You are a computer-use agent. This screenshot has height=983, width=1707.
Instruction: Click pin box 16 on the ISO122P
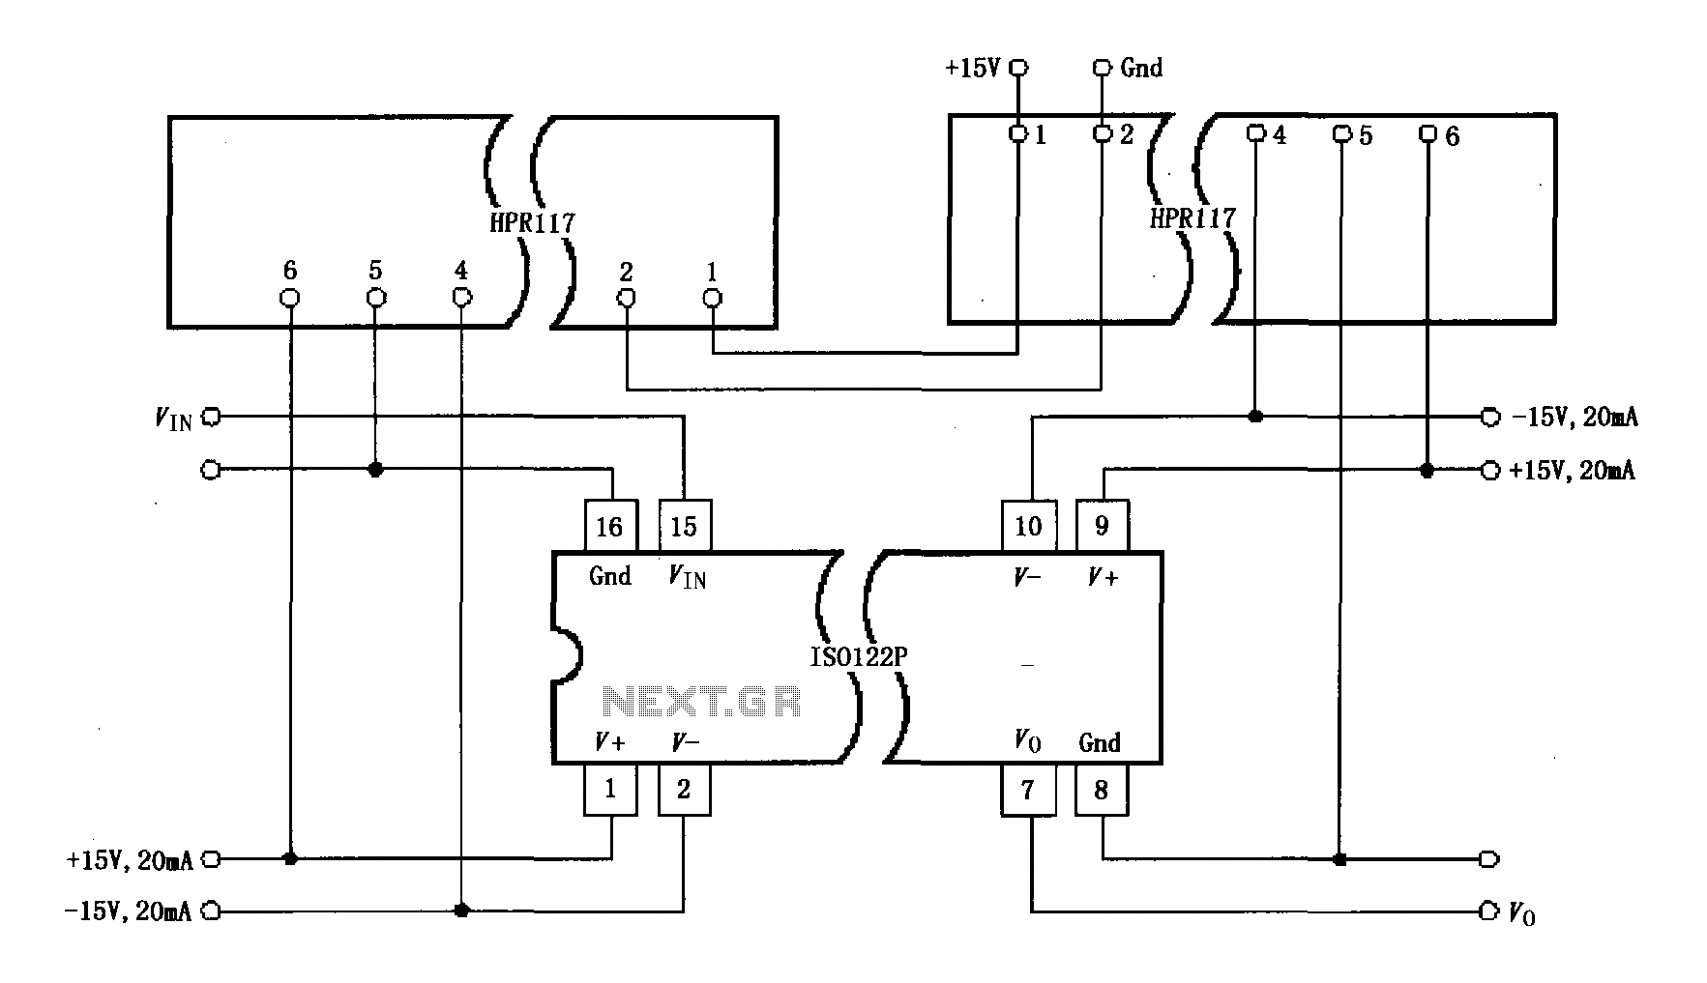[610, 526]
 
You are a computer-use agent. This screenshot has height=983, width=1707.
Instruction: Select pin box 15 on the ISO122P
[684, 526]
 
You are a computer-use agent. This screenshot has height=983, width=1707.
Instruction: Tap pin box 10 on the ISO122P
[1027, 526]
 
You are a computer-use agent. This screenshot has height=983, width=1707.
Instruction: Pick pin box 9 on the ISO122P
[1102, 526]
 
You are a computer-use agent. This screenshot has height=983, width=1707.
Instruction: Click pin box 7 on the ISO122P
[1027, 790]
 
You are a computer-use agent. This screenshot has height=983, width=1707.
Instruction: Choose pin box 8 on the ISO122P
[1102, 790]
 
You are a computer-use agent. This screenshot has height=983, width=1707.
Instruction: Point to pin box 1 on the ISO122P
[610, 790]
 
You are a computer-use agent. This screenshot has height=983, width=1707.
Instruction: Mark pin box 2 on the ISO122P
[684, 790]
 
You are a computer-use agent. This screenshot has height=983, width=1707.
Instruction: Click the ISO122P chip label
[858, 657]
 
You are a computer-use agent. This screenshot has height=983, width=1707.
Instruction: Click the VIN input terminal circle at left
[211, 417]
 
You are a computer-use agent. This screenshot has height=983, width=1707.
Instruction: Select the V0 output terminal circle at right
[1488, 911]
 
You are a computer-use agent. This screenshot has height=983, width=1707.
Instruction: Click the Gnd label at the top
[1141, 68]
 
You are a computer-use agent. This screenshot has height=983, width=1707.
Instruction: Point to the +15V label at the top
[972, 69]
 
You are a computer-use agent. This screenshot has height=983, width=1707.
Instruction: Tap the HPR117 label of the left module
[532, 222]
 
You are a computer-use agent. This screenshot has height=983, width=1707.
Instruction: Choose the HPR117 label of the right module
[1192, 217]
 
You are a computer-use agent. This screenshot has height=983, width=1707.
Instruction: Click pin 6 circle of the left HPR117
[289, 297]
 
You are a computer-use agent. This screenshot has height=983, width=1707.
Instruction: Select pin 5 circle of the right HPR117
[1340, 134]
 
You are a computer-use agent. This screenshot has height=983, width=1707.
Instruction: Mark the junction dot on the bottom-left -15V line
[461, 911]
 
